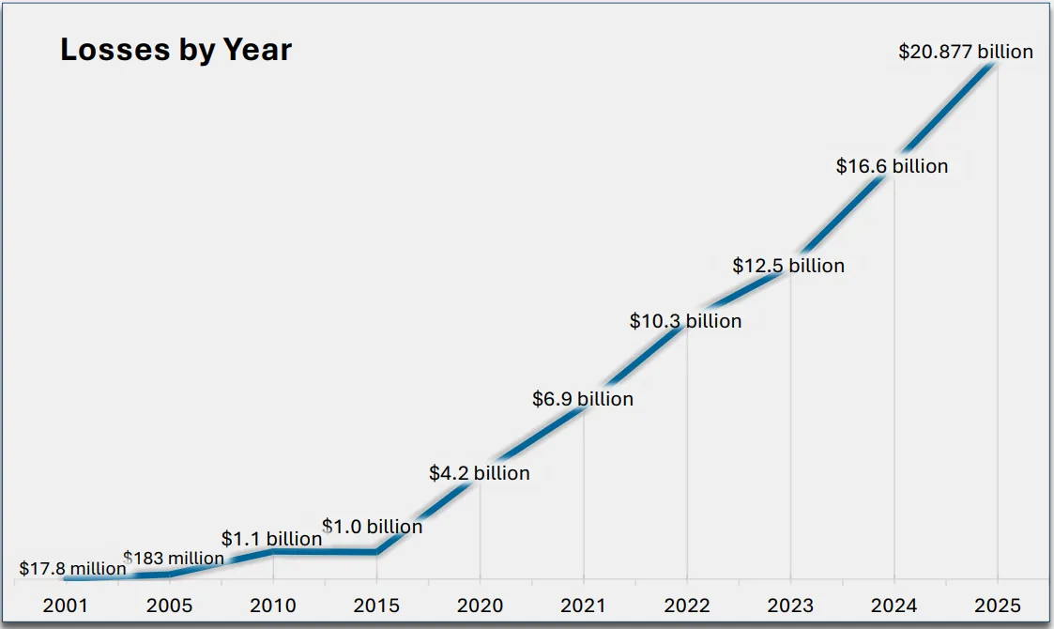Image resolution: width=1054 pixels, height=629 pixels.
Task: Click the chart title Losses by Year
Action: (176, 50)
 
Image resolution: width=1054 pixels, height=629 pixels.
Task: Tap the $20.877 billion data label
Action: (966, 52)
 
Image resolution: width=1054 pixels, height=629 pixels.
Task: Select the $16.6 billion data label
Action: (892, 166)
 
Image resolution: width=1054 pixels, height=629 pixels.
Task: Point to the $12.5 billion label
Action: (788, 266)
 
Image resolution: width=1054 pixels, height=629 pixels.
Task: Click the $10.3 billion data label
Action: (685, 321)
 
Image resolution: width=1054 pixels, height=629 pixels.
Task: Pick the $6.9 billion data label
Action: (583, 399)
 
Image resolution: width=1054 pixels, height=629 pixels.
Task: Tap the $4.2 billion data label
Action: (480, 473)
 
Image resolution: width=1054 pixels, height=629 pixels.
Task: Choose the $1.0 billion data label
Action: (373, 527)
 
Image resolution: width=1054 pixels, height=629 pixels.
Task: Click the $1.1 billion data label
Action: (271, 539)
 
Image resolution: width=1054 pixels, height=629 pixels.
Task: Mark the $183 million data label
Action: (174, 559)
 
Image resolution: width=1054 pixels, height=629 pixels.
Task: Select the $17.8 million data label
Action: (72, 569)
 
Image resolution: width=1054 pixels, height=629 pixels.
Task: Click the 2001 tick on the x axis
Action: (66, 606)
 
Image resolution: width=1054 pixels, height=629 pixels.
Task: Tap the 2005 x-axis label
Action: (169, 606)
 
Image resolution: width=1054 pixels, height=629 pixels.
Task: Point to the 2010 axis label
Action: (273, 606)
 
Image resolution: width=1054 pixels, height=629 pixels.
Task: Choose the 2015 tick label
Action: (376, 606)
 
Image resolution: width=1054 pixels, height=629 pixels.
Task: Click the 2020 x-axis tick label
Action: (480, 606)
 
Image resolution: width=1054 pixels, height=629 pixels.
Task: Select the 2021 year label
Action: (583, 606)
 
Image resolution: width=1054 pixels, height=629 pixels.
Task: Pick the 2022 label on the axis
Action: (687, 606)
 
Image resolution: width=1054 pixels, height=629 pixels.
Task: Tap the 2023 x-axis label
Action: (790, 606)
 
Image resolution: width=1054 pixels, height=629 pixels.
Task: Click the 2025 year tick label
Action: (997, 606)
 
